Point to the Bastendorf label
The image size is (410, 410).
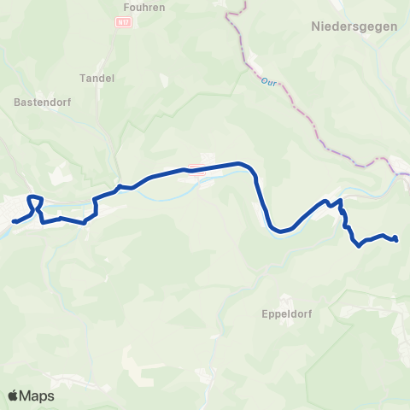(x=37, y=100)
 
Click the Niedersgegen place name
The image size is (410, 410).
(x=348, y=26)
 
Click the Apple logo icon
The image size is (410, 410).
(x=14, y=396)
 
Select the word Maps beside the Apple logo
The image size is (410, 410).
(x=38, y=396)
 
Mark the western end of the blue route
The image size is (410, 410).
(x=14, y=222)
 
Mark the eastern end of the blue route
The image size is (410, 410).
(x=397, y=240)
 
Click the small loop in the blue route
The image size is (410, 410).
(x=35, y=203)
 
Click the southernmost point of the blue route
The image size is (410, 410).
(x=359, y=246)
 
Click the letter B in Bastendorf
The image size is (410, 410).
(x=18, y=100)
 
